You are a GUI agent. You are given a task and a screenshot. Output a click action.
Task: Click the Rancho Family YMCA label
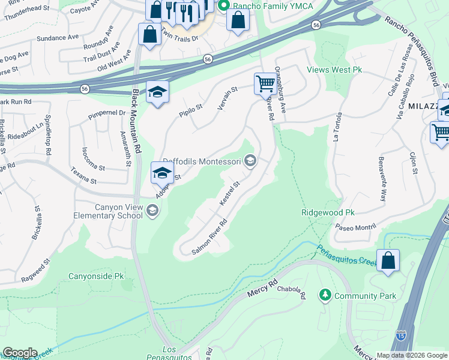258,6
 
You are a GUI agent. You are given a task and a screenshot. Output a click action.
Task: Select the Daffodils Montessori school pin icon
251,160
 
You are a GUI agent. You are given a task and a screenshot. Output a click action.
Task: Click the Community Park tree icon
325,295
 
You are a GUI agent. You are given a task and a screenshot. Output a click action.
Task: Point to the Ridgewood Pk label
328,212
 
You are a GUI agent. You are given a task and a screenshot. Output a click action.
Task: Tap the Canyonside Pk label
96,277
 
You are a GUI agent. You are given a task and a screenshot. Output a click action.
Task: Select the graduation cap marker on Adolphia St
161,173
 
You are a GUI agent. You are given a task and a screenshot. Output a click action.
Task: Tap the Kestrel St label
230,193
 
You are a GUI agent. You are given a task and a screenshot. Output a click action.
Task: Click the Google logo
19,353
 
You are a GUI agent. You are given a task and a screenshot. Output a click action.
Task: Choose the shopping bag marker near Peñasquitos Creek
388,260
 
